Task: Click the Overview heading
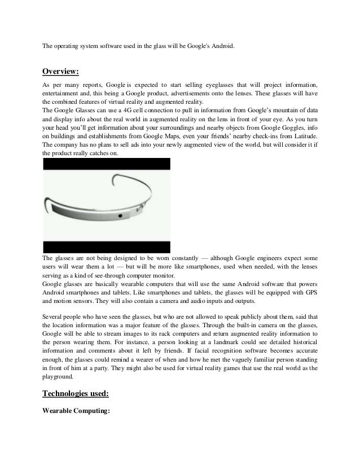pyautogui.click(x=60, y=72)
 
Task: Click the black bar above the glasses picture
pyautogui.click(x=106, y=164)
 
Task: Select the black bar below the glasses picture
pyautogui.click(x=106, y=247)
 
